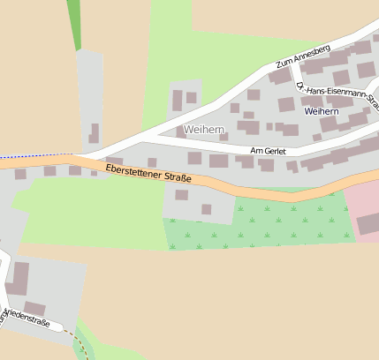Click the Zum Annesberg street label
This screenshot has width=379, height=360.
[302, 56]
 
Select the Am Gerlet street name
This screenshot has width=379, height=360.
[269, 151]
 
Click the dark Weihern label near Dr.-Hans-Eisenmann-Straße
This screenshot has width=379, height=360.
[320, 112]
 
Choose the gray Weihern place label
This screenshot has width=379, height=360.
[204, 130]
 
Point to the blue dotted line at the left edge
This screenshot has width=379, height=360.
[35, 156]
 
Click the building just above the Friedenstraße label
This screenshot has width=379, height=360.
[34, 308]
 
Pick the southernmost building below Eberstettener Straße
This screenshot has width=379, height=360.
[206, 209]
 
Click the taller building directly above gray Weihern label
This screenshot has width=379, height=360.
[176, 99]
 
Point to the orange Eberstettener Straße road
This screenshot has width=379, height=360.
[247, 187]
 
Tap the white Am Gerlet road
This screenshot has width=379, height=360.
[221, 147]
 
